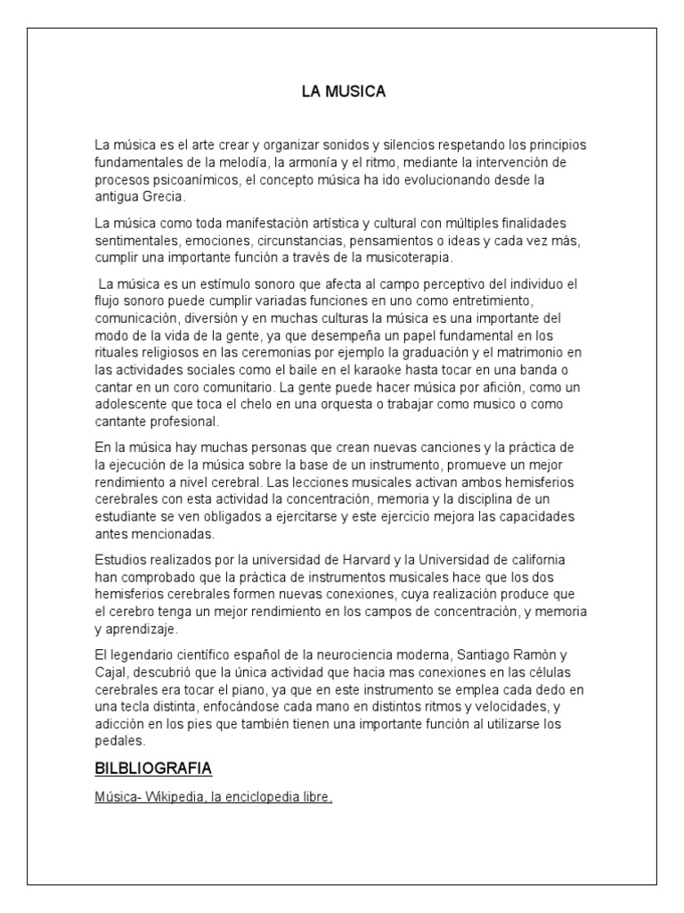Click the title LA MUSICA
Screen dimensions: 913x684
tap(342, 91)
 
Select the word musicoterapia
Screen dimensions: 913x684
tap(403, 259)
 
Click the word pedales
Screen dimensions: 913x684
tap(118, 740)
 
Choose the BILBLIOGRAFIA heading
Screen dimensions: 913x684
tap(152, 769)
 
